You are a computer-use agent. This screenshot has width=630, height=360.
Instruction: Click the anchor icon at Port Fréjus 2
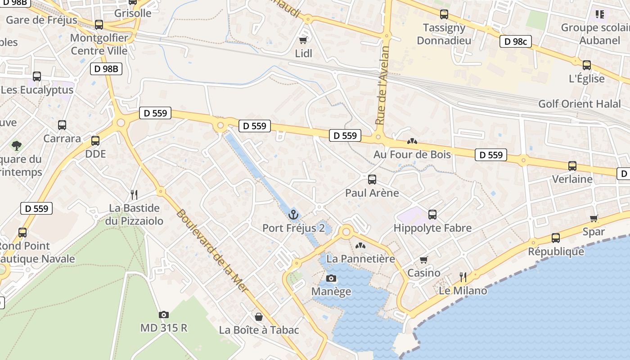[x=293, y=215]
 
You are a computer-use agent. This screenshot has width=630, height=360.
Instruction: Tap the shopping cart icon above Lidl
[x=303, y=40]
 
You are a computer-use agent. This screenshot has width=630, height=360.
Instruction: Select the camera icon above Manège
[x=331, y=279]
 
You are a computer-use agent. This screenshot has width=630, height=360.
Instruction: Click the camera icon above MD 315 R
[x=164, y=315]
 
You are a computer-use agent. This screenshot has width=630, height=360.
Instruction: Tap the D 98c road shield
[x=515, y=42]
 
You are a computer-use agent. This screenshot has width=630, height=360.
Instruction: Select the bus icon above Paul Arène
[x=372, y=180]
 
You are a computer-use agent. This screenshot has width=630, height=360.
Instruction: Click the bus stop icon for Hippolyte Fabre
[x=432, y=215]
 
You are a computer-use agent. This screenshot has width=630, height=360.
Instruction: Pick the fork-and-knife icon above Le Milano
[x=463, y=277]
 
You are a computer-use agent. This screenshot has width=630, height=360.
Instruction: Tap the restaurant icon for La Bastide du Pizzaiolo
[x=134, y=194]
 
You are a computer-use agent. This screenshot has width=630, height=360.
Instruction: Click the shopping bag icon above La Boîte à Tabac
[x=259, y=317]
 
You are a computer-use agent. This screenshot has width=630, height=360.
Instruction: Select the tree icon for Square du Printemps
[x=17, y=145]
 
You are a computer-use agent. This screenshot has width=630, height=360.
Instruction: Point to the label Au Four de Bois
[x=412, y=154]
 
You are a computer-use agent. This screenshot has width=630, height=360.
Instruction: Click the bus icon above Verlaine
[x=572, y=166]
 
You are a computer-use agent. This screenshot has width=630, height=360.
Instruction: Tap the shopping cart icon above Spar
[x=594, y=219]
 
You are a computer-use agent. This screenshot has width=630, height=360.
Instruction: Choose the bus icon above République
[x=556, y=238]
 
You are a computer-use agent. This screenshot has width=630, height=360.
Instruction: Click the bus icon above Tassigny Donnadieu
[x=444, y=14]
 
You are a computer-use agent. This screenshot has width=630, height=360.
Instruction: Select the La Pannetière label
[x=360, y=259]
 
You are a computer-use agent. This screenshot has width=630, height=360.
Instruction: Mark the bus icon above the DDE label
[x=95, y=141]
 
